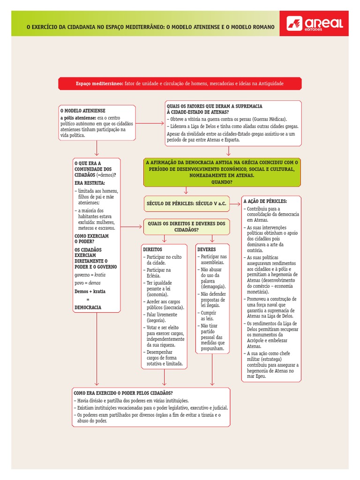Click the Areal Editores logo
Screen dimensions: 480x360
[317, 23]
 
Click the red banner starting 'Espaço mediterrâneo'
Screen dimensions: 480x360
[180, 83]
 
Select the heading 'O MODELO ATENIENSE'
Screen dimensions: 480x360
[82, 110]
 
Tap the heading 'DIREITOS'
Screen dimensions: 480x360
[152, 250]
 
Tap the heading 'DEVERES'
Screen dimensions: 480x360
[207, 250]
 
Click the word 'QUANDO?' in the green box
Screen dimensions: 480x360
[222, 182]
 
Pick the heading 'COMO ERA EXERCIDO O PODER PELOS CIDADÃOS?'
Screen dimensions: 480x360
[123, 393]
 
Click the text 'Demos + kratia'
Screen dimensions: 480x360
[90, 291]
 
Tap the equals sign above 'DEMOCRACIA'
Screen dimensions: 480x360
[88, 299]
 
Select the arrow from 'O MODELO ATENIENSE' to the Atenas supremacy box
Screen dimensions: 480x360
[150, 123]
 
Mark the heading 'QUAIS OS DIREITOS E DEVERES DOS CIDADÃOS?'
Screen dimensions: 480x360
[187, 227]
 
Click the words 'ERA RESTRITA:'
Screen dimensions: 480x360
[90, 183]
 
